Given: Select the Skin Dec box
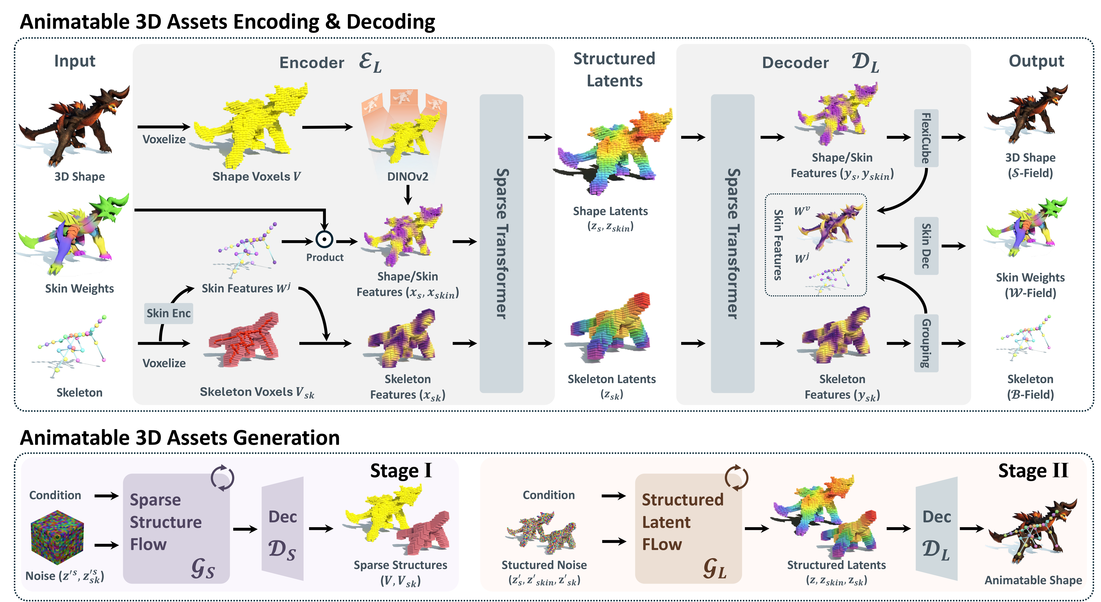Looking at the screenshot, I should (926, 246).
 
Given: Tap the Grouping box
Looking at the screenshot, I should (926, 343).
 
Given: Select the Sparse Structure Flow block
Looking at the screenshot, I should (176, 528).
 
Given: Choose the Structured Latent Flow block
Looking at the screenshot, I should (688, 528).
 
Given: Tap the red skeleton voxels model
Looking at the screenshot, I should (244, 340).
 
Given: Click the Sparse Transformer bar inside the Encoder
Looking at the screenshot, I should (501, 244).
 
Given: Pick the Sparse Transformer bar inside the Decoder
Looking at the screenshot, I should (733, 244).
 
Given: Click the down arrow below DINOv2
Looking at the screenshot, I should (408, 195).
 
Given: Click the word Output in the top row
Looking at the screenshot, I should (1036, 61).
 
